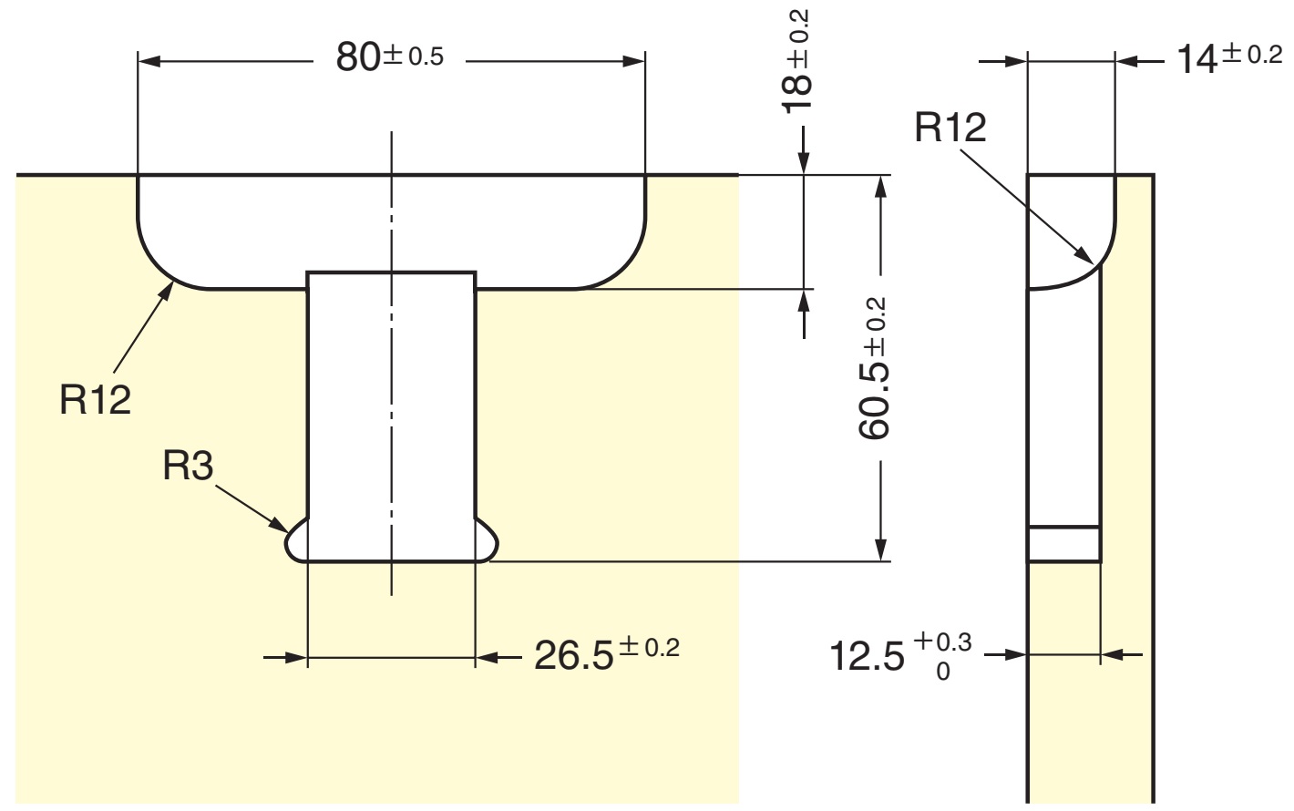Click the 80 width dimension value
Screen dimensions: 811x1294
358,59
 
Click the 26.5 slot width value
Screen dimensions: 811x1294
573,655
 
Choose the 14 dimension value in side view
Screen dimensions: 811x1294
1196,60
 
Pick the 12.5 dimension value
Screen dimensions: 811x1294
867,656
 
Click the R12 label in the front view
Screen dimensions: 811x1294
96,400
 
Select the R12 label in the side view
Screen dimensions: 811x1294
950,128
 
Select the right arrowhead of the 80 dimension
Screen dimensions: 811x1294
634,61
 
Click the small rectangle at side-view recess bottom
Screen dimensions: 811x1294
1063,544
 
